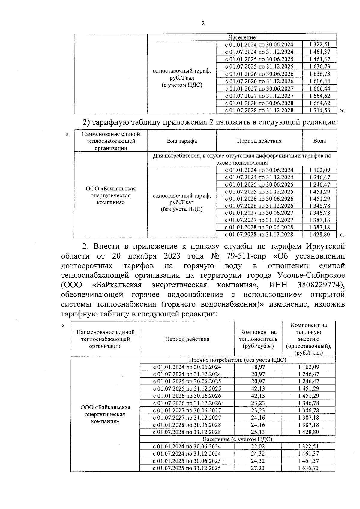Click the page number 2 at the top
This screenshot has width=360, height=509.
point(203,23)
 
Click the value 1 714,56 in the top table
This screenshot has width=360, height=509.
point(319,110)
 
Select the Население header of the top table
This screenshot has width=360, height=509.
point(242,37)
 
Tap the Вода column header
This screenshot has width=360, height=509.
point(319,141)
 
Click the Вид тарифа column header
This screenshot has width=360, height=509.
point(182,141)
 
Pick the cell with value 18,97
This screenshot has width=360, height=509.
point(258,367)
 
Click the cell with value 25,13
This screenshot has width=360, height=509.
point(258,432)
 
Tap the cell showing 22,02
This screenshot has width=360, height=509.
point(258,446)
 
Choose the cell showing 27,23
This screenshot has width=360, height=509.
point(258,468)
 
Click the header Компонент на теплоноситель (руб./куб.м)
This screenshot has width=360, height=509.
point(258,339)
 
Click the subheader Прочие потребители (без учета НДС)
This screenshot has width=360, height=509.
point(237,360)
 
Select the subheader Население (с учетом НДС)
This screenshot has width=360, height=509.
point(237,439)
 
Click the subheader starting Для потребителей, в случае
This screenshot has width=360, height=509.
point(242,159)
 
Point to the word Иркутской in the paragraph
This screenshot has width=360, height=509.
point(325,246)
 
